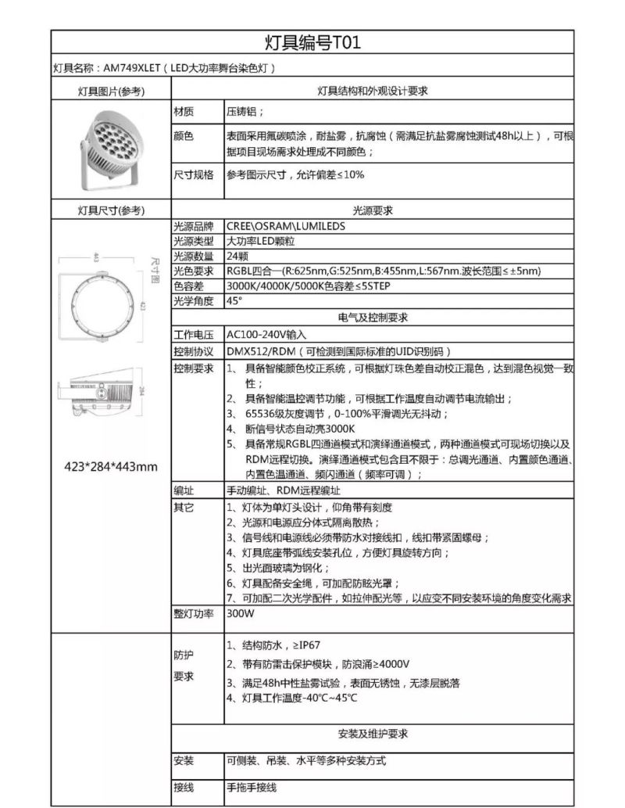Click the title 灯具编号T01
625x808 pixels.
click(x=312, y=41)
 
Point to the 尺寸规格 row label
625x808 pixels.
click(x=192, y=174)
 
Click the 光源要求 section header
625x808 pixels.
click(x=373, y=210)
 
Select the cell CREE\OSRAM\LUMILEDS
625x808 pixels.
click(x=285, y=226)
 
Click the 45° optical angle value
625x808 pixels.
click(x=234, y=301)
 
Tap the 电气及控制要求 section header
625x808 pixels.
click(x=373, y=318)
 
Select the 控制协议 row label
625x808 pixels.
click(x=192, y=351)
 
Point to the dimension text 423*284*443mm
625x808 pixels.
click(x=110, y=468)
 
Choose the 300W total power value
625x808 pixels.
click(x=241, y=614)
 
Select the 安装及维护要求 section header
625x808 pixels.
click(x=373, y=734)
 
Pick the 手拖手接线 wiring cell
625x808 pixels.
click(x=252, y=788)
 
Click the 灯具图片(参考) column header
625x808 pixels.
click(x=111, y=92)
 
